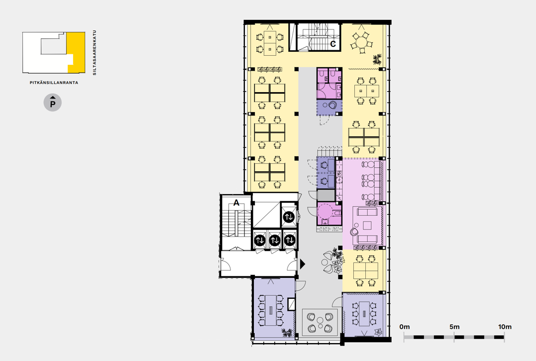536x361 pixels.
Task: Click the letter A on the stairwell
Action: (236, 203)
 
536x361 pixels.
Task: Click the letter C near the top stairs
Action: (333, 44)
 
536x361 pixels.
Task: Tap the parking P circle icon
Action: (53, 103)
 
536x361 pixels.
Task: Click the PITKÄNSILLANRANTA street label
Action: (54, 83)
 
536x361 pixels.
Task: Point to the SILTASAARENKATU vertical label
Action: (95, 53)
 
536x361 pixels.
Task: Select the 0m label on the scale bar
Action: (405, 327)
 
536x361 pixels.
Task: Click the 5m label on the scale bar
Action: (455, 327)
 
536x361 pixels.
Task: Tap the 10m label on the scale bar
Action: (505, 327)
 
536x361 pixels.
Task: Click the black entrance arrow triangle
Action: (302, 264)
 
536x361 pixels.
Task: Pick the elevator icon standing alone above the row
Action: (289, 217)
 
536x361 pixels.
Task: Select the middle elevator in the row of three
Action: (275, 241)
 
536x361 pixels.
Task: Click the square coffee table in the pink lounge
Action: (367, 225)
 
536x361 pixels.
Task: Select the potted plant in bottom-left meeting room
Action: (287, 332)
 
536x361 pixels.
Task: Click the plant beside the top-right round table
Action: (377, 59)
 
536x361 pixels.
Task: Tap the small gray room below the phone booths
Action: (326, 195)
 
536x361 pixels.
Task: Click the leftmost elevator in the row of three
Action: (259, 241)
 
